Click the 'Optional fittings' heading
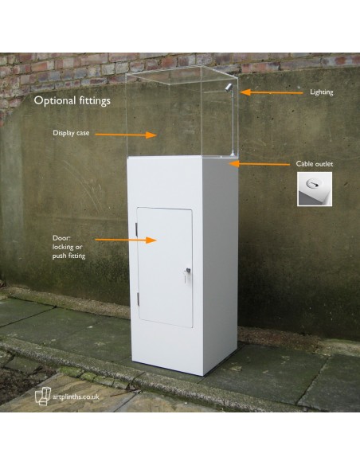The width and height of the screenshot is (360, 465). click(x=72, y=101)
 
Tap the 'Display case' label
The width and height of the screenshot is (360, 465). click(x=71, y=133)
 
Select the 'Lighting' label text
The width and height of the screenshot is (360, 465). click(x=322, y=92)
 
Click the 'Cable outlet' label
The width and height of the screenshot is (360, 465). click(x=315, y=164)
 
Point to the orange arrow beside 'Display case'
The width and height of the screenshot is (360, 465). click(x=126, y=135)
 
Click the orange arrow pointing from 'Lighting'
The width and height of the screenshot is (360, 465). click(x=271, y=92)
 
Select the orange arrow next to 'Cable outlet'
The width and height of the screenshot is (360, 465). click(x=259, y=164)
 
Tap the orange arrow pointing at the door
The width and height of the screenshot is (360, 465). click(x=126, y=240)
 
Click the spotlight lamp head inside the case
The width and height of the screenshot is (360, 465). click(x=228, y=88)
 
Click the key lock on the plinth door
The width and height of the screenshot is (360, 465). click(x=187, y=271)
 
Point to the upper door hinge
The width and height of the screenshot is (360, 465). click(x=136, y=229)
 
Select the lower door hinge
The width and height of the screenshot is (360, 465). click(x=139, y=299)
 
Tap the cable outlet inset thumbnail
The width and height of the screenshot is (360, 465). click(x=315, y=189)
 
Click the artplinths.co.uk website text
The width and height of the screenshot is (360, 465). click(x=76, y=397)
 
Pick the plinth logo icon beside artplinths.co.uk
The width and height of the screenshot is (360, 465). click(x=43, y=396)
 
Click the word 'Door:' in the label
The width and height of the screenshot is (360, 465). click(x=61, y=238)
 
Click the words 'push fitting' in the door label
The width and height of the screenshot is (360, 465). click(x=68, y=256)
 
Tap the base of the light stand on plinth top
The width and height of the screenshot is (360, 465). click(x=233, y=154)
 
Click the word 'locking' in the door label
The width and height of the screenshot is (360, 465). click(x=63, y=247)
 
